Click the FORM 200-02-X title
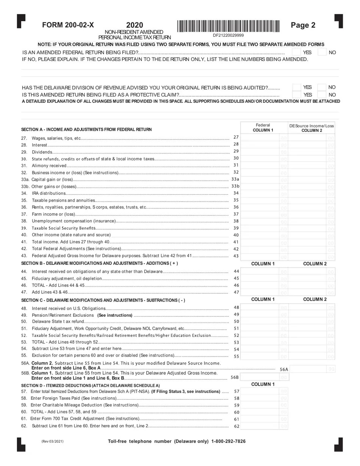[68, 25]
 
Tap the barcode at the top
[229, 26]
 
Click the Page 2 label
[303, 25]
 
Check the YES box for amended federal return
[297, 52]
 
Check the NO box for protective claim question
[322, 95]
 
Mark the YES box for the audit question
[297, 87]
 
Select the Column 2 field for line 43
[307, 256]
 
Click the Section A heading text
[86, 130]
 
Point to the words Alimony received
[49, 166]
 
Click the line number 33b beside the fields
[235, 186]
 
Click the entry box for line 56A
[307, 369]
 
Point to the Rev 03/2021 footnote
[52, 441]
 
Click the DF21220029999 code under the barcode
[228, 35]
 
